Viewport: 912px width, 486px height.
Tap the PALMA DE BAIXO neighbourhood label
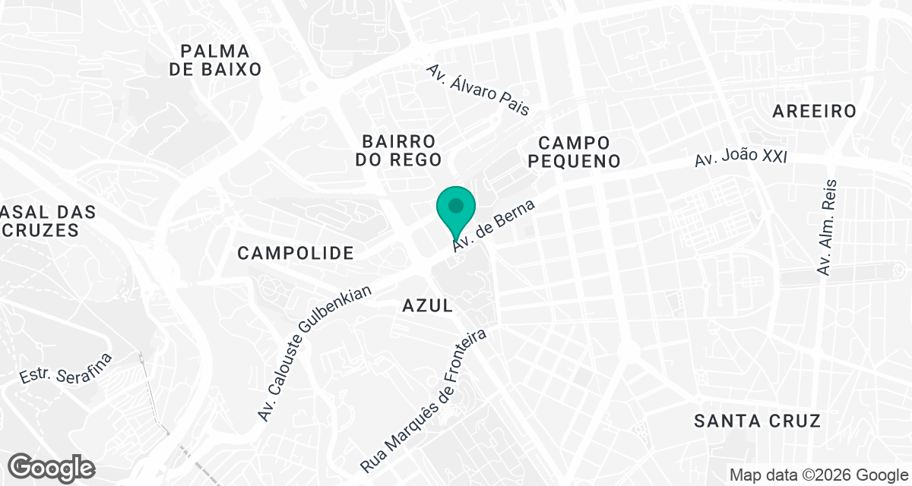[215, 60]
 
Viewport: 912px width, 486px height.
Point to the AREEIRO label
[814, 111]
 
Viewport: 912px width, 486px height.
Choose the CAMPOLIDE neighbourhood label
[296, 253]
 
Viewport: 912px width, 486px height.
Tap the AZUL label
[427, 305]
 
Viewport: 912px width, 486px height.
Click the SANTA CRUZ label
[758, 421]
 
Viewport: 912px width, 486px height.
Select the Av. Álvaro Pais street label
[477, 90]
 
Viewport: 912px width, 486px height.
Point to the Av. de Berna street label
[495, 226]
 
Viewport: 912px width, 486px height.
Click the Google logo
[52, 466]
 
